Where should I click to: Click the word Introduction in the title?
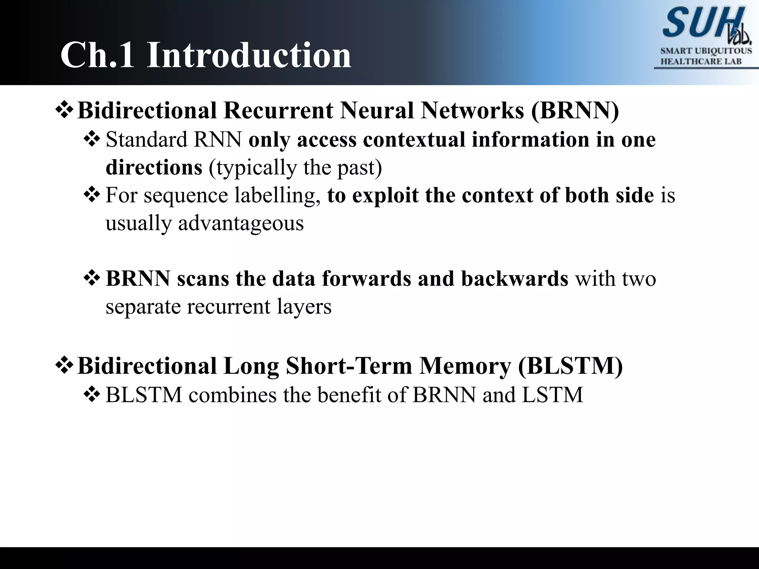(249, 55)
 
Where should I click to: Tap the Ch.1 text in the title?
(97, 55)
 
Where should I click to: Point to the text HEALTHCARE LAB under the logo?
(701, 61)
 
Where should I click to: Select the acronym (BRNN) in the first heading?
(575, 110)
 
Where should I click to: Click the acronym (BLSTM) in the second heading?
(570, 366)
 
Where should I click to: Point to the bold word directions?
(154, 167)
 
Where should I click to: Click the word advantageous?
(241, 223)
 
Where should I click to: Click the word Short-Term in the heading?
(349, 366)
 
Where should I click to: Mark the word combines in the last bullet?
(232, 395)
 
